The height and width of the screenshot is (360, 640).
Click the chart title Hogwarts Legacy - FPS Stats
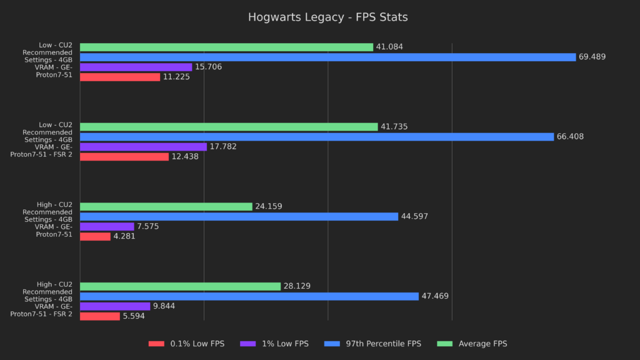point(327,17)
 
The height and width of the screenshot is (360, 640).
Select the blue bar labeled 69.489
point(327,57)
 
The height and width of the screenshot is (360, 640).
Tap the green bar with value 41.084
point(226,47)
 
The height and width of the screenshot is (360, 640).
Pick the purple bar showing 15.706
point(136,67)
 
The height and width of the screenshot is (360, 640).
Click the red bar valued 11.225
point(120,77)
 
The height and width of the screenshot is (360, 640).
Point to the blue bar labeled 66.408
point(317,136)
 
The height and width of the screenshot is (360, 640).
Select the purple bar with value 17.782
point(143,146)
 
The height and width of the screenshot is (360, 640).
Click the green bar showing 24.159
point(166,206)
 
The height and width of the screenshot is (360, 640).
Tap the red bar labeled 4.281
point(95,236)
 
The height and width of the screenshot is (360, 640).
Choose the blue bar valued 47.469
point(249,296)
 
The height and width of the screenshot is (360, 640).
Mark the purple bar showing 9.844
point(115,306)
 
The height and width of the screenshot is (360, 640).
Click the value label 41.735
point(394,127)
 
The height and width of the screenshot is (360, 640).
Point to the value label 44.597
point(415,217)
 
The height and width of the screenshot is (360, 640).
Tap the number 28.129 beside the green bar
point(297,286)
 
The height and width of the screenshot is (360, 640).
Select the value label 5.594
point(134,316)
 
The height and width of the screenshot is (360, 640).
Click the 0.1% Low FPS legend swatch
point(156,344)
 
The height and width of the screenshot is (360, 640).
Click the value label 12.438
point(185,157)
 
